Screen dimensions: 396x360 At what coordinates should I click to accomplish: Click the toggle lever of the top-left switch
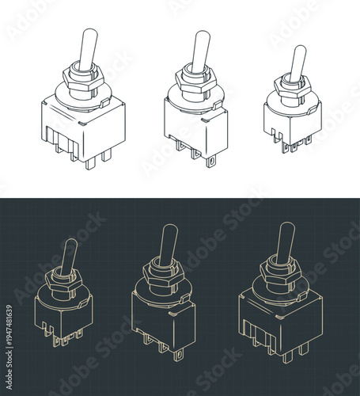pyautogui.click(x=88, y=49)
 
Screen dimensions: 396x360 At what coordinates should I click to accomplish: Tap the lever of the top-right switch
pyautogui.click(x=297, y=63)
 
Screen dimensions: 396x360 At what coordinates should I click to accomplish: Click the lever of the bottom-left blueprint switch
pyautogui.click(x=69, y=257)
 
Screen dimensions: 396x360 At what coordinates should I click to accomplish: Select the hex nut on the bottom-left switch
pyautogui.click(x=65, y=279)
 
